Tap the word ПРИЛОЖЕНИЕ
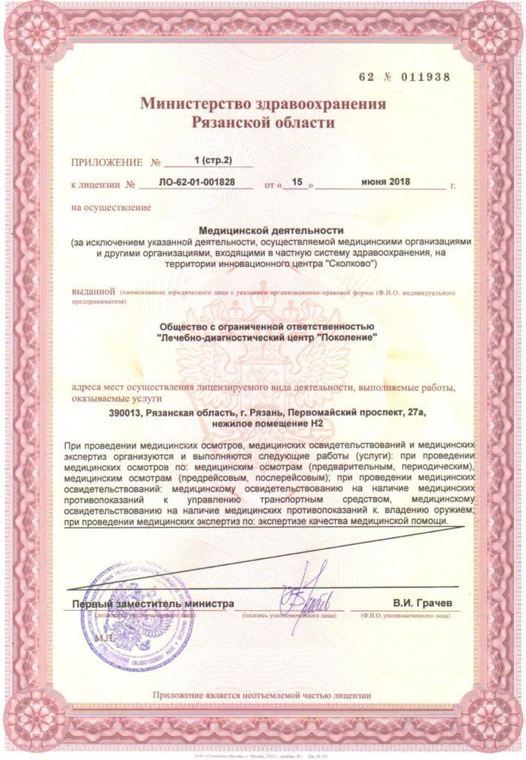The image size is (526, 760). [x=106, y=161]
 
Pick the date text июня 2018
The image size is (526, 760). [x=387, y=182]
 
